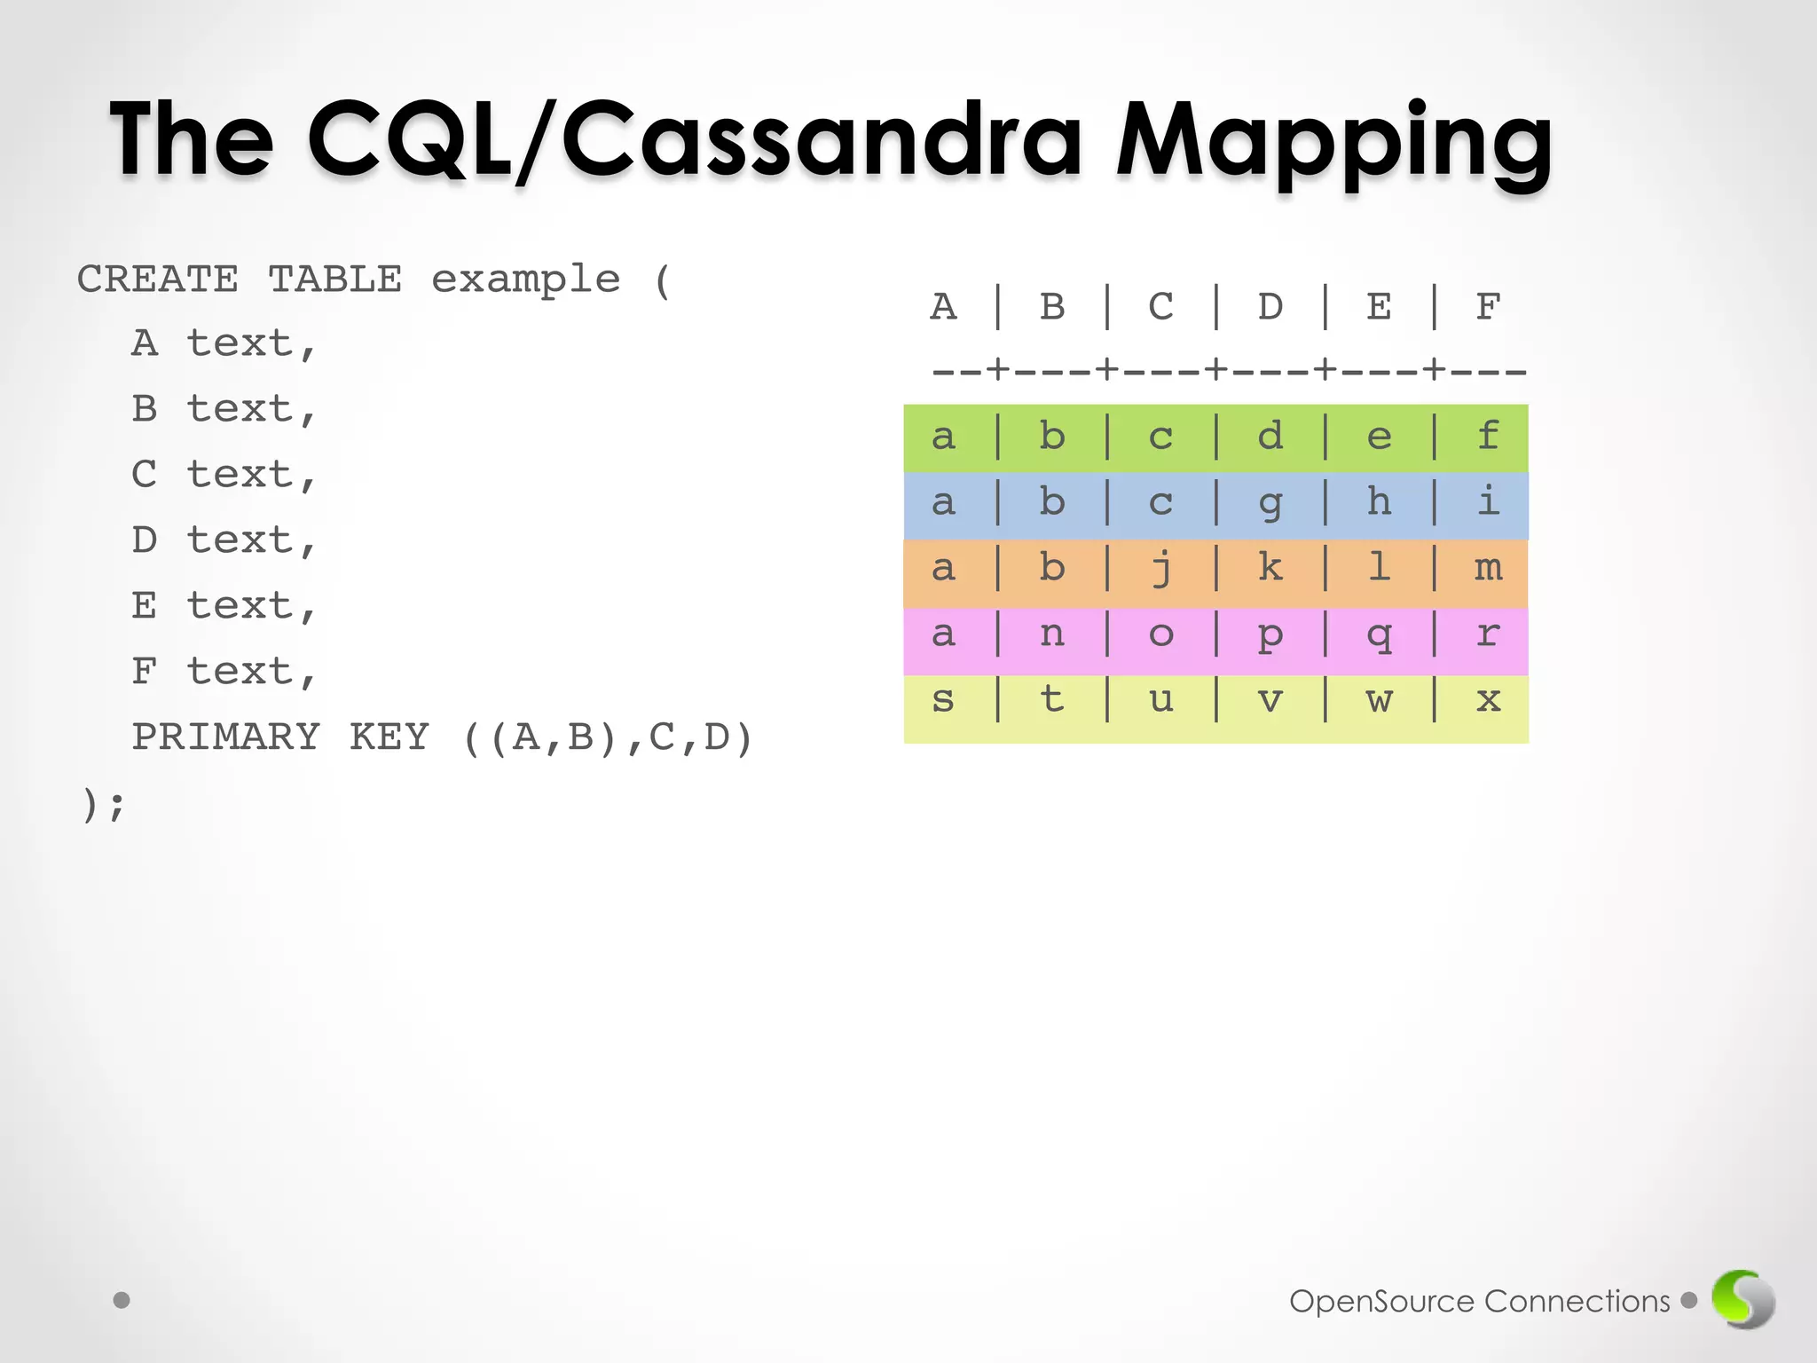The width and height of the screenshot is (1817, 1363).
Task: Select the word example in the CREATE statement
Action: coord(525,280)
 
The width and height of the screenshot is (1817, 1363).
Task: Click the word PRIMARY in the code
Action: coord(225,737)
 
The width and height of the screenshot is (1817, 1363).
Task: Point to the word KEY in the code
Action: coord(389,737)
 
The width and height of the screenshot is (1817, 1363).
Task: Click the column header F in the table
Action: coord(1488,307)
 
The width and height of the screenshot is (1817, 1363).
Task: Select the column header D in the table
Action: coord(1270,307)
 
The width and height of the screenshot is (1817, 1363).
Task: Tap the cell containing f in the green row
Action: coord(1488,437)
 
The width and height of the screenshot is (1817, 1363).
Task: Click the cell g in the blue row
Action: coord(1270,503)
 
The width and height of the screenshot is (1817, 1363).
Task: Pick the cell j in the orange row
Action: coord(1161,569)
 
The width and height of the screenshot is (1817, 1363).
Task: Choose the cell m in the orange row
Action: coord(1488,568)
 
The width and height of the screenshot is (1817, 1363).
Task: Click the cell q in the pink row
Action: coord(1379,634)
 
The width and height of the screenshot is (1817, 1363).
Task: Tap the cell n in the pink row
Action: coord(1052,634)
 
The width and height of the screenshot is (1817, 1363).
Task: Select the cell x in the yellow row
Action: coord(1488,700)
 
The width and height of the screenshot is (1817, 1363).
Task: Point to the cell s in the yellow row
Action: coord(943,700)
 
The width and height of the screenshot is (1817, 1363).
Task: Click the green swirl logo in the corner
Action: coord(1742,1299)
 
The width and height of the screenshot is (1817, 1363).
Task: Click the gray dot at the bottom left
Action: coord(122,1300)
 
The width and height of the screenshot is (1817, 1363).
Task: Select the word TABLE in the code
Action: coord(334,280)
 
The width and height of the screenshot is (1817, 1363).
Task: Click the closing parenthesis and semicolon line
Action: coord(103,805)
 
